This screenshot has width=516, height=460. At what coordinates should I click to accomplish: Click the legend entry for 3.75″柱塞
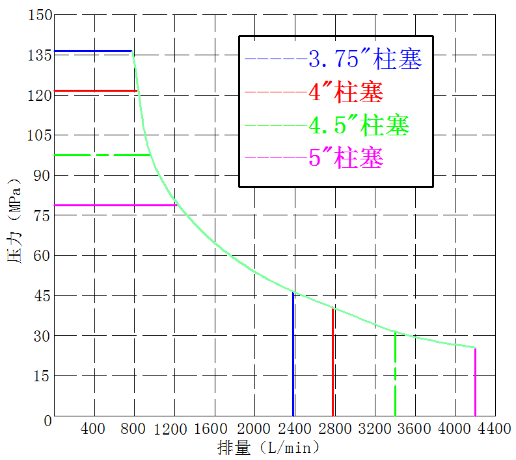[x=365, y=60]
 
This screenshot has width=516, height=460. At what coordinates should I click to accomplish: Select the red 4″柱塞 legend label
[x=346, y=92]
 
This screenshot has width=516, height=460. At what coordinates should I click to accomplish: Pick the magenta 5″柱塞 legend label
[x=346, y=157]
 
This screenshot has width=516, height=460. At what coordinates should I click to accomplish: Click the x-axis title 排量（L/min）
[x=268, y=448]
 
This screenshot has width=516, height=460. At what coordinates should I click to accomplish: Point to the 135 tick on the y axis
[x=38, y=55]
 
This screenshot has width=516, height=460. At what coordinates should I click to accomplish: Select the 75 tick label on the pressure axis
[x=42, y=216]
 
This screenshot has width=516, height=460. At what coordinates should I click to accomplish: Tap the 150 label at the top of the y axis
[x=38, y=15]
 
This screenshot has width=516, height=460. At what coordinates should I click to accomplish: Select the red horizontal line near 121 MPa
[x=95, y=91]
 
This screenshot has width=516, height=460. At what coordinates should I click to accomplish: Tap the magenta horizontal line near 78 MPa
[x=115, y=205]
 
